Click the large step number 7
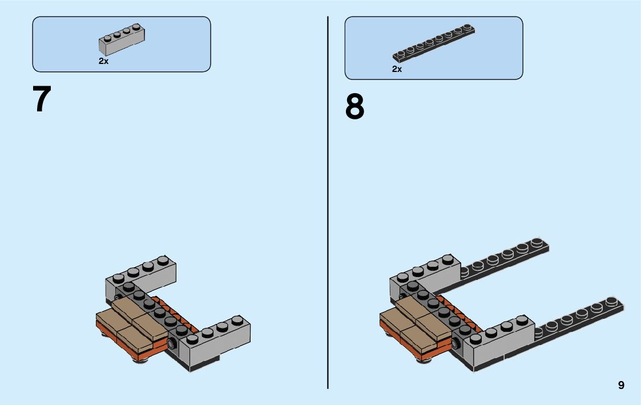coord(42,99)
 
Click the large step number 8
coord(354,107)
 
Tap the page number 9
coord(621,386)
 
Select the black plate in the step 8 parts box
coord(434,42)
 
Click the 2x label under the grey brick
coord(103,61)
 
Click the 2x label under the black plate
coord(397,69)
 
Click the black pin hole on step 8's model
coord(456,343)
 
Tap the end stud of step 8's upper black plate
coord(537,243)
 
